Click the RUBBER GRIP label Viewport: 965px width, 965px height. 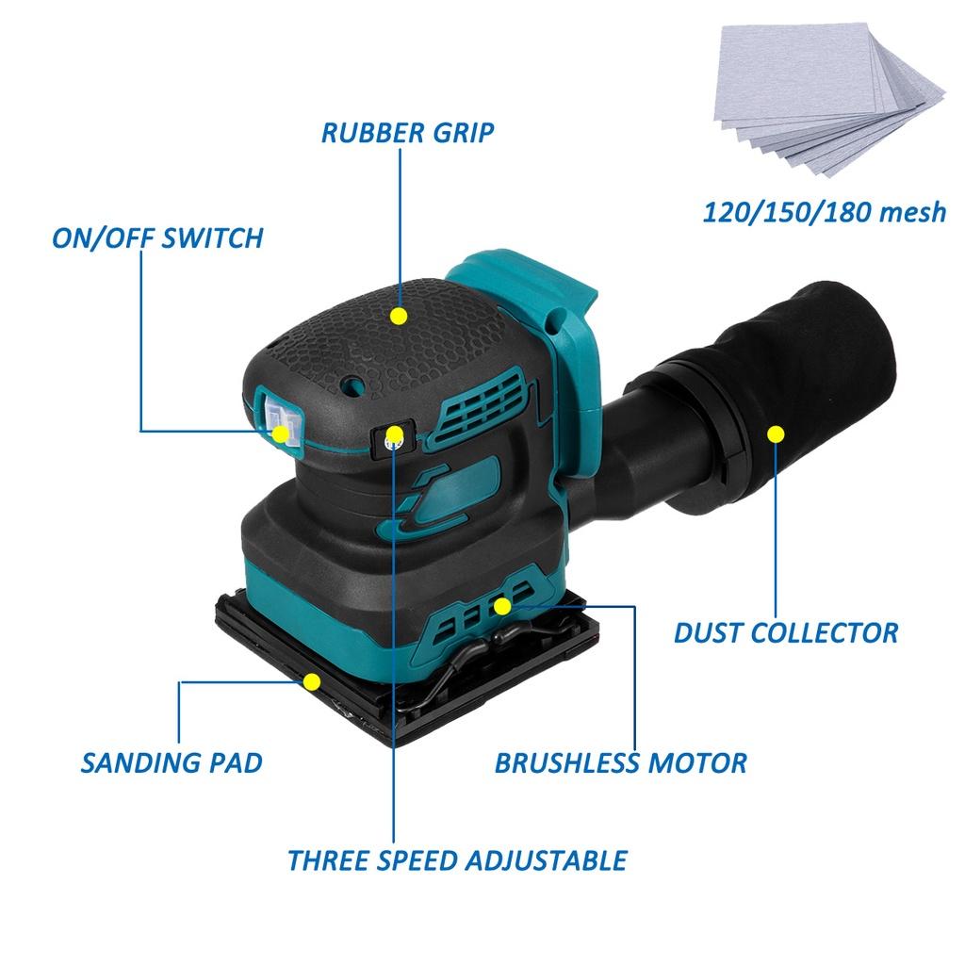407,132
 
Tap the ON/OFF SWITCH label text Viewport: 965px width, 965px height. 157,237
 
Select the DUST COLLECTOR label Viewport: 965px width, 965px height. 786,631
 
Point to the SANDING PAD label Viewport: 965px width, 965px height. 172,762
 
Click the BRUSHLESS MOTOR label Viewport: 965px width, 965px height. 620,762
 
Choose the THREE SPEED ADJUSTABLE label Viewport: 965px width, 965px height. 457,859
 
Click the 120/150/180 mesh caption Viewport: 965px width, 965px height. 825,212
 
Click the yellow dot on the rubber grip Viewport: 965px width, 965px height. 399,317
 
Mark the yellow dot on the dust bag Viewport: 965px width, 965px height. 776,433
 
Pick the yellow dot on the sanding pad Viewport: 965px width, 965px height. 311,681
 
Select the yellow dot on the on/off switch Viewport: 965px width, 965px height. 281,434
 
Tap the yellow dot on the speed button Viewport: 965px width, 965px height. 395,434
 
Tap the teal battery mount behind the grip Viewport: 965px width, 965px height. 528,283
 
